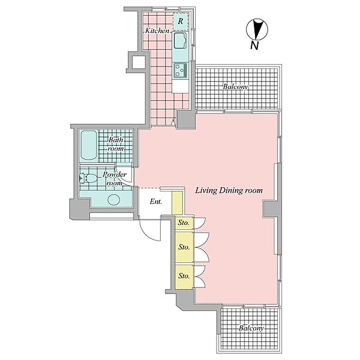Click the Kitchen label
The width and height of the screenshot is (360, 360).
click(x=157, y=31)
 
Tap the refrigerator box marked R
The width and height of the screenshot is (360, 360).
click(x=181, y=22)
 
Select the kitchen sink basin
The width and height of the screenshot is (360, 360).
click(x=180, y=40)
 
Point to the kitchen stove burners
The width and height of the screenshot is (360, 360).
click(x=181, y=70)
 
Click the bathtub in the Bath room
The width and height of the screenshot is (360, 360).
click(x=89, y=145)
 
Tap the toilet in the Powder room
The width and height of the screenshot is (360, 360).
click(x=89, y=178)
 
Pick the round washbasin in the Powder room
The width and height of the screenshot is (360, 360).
click(x=114, y=200)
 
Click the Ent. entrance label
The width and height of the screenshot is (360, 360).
click(x=156, y=202)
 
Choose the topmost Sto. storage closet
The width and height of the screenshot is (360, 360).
click(x=184, y=223)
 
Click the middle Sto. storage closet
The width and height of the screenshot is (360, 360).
click(x=184, y=247)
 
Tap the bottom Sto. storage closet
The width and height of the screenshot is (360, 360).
click(x=184, y=276)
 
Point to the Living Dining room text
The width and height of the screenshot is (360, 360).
click(x=229, y=191)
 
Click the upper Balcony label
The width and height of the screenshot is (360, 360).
click(x=236, y=87)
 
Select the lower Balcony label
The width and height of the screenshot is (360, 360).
click(x=251, y=328)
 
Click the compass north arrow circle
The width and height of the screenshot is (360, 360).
click(x=257, y=29)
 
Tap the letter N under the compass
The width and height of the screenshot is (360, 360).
click(x=254, y=46)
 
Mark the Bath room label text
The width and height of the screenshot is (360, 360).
click(x=116, y=144)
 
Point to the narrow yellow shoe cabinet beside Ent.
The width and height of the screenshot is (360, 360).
click(x=177, y=203)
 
